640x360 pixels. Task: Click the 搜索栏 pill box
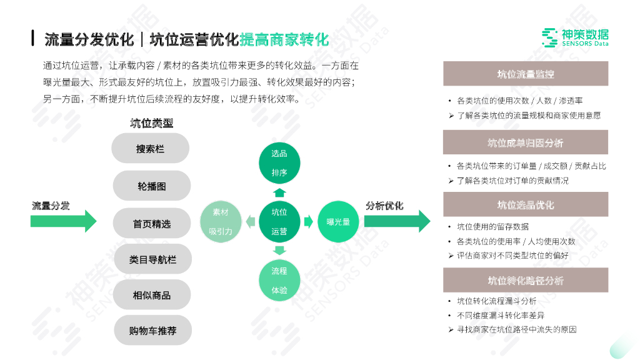click(x=150, y=149)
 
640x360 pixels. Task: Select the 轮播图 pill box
click(x=151, y=186)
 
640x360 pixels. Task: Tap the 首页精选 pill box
click(x=151, y=223)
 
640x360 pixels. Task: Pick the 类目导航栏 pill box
click(x=152, y=259)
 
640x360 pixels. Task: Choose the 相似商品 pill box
click(x=151, y=295)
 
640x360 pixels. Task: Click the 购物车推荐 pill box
click(x=152, y=331)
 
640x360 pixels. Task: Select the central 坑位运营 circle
click(x=279, y=222)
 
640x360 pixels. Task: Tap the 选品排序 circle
click(x=279, y=163)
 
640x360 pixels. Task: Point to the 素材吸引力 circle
click(x=220, y=222)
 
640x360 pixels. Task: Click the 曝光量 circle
click(x=338, y=222)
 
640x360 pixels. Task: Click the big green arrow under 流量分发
click(x=63, y=221)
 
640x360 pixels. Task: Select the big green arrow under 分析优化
click(x=397, y=221)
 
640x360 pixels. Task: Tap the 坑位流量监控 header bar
click(x=525, y=74)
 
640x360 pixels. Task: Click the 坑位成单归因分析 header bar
click(x=525, y=142)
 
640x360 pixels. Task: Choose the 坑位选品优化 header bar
click(x=525, y=204)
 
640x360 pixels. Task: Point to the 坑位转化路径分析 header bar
click(x=525, y=280)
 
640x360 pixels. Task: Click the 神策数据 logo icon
click(x=549, y=38)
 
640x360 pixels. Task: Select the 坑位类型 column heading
click(x=151, y=123)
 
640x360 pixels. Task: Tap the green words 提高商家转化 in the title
click(x=284, y=40)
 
